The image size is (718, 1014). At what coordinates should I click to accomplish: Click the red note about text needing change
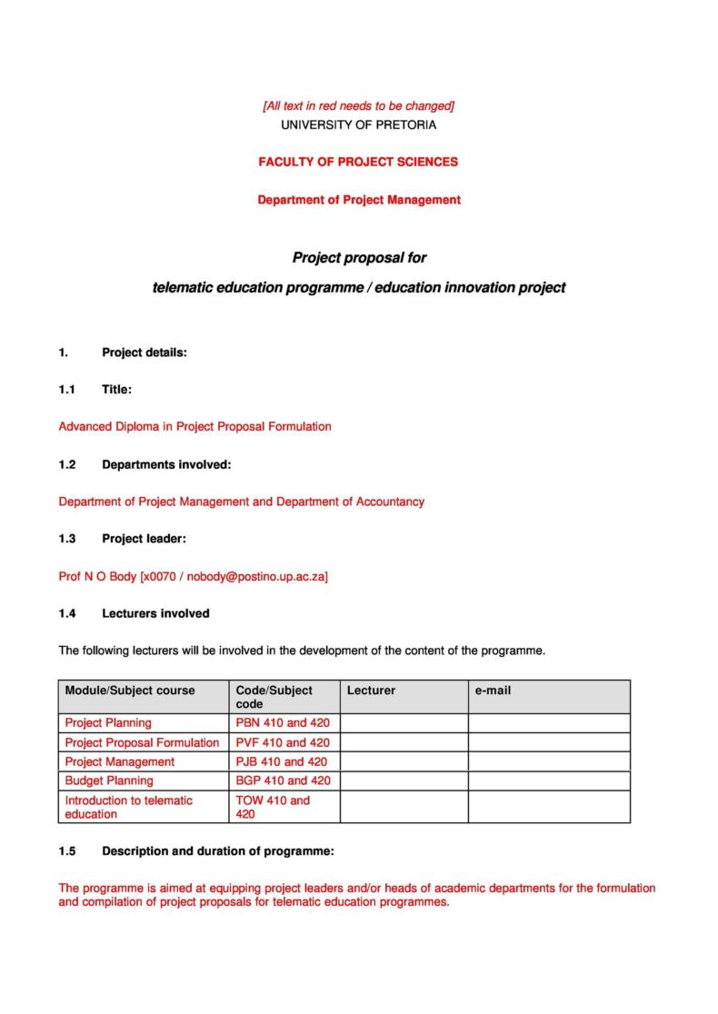tap(358, 106)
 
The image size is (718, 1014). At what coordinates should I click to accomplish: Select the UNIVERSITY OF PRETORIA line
tap(358, 124)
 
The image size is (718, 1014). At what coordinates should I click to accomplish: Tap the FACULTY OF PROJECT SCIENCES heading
tap(358, 162)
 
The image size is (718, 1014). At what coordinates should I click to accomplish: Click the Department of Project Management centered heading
tap(358, 200)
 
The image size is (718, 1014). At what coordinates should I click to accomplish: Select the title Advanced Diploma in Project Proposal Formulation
tap(194, 426)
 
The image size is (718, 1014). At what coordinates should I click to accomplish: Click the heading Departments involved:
tap(166, 464)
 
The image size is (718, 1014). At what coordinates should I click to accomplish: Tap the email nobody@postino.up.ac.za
tap(257, 576)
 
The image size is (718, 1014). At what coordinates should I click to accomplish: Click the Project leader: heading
tap(144, 539)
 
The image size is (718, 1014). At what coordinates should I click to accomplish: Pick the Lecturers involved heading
tap(155, 613)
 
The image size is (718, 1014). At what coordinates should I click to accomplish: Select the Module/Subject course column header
tap(130, 691)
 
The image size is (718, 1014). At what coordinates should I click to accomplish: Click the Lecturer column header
tap(371, 691)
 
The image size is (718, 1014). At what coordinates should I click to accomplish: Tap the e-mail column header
tap(493, 691)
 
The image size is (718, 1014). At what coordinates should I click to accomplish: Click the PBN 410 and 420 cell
tap(282, 723)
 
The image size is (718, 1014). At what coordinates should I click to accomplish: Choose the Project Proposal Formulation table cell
tap(142, 742)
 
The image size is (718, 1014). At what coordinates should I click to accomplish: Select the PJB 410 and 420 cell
tap(282, 761)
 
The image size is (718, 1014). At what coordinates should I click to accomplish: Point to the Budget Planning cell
tap(109, 780)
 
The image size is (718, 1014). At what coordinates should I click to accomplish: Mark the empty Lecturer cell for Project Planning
tap(404, 723)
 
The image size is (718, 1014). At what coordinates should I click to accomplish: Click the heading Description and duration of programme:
tap(218, 851)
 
